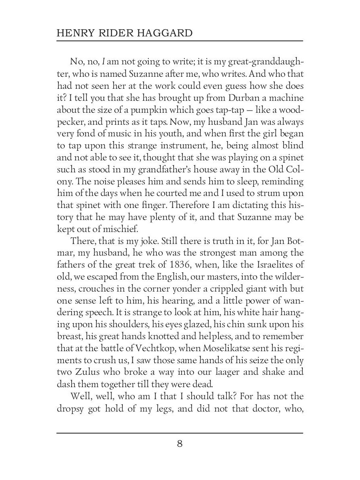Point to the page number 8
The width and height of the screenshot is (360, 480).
coord(180,444)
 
